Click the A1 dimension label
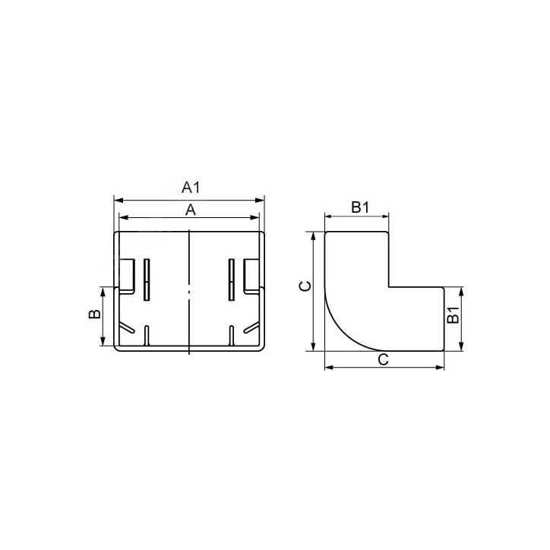pos(190,188)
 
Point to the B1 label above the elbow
pos(359,207)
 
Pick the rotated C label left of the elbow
pos(302,286)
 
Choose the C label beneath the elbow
pos(384,359)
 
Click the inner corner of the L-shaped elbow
pos(390,286)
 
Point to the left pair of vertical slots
pos(147,278)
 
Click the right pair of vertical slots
pos(230,278)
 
